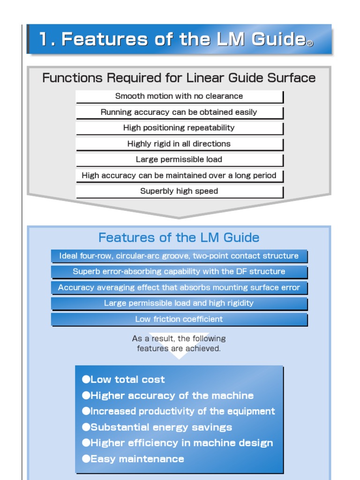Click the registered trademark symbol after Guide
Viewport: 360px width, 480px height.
pos(309,44)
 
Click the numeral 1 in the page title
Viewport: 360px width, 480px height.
pos(44,39)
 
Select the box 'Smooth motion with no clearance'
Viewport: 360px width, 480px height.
pos(179,97)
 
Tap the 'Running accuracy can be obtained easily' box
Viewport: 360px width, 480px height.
pos(179,112)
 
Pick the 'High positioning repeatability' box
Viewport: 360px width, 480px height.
pos(179,128)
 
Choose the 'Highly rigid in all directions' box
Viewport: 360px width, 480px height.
pos(179,144)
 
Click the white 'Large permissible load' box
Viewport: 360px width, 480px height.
pos(179,160)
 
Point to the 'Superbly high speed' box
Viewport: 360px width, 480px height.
pos(179,191)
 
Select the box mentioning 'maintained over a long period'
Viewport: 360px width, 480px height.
pos(179,176)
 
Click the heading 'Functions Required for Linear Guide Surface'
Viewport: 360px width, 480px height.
pos(179,78)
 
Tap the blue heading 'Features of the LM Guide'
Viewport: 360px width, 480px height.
pos(179,238)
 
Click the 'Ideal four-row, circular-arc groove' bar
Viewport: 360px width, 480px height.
pos(179,256)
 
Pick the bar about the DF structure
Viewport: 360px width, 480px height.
pos(179,271)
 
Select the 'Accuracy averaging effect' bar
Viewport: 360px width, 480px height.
pos(179,288)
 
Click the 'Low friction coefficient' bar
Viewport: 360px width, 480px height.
pos(179,319)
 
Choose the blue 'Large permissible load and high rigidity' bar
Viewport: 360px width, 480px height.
pos(179,303)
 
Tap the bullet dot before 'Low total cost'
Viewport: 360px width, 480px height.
pos(86,379)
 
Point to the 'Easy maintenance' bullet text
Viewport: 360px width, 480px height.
pos(137,459)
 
